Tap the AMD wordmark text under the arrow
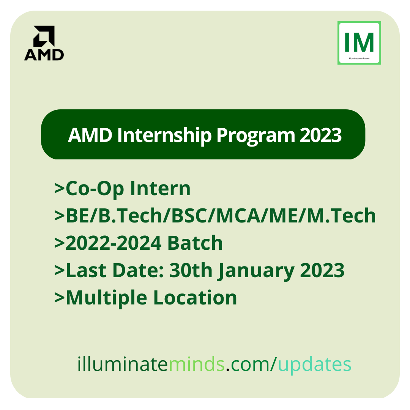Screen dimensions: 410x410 point(44,55)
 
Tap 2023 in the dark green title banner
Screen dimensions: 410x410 point(321,135)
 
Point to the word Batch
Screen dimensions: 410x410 point(195,243)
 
